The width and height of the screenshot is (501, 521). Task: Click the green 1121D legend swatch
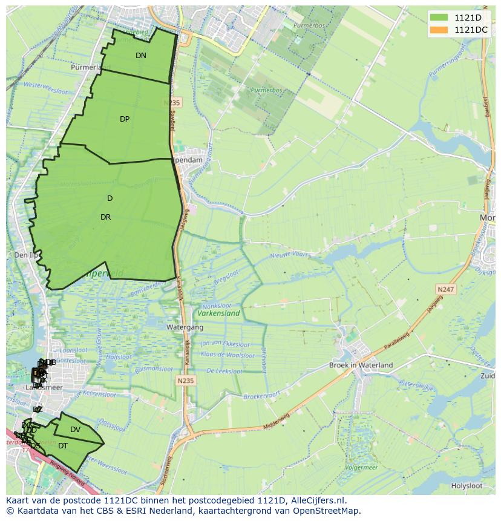click(440, 18)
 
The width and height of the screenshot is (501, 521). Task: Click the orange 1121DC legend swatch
click(440, 30)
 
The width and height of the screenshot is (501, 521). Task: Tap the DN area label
click(141, 56)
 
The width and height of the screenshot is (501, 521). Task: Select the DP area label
click(125, 119)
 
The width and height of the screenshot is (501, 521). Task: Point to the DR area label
click(106, 217)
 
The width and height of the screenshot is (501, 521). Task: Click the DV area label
click(76, 430)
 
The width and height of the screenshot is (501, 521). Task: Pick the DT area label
click(63, 446)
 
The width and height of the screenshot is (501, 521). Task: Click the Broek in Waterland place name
click(361, 365)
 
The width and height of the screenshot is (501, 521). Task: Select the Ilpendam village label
click(188, 160)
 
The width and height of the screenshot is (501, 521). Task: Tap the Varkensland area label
click(218, 313)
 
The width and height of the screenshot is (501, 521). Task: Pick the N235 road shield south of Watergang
click(185, 381)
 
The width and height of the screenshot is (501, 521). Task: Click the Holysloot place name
click(467, 485)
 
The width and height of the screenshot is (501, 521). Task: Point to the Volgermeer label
click(362, 468)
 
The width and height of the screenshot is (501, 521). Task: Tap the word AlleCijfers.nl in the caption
click(315, 500)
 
